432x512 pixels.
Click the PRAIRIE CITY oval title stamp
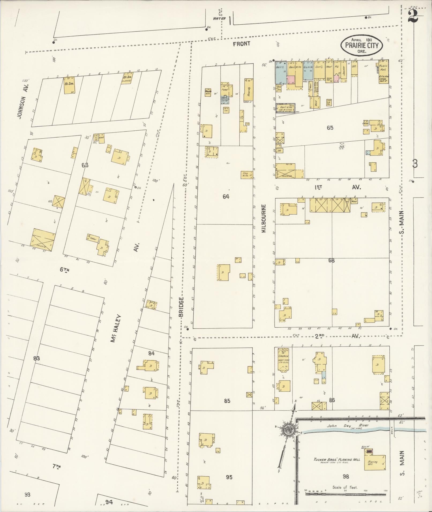pyautogui.click(x=362, y=45)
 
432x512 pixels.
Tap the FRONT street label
pyautogui.click(x=241, y=44)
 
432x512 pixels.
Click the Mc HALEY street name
pyautogui.click(x=116, y=328)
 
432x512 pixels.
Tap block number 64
pyautogui.click(x=226, y=196)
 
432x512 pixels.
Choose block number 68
pyautogui.click(x=331, y=260)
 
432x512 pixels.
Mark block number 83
pyautogui.click(x=36, y=358)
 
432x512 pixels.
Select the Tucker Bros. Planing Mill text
pyautogui.click(x=337, y=460)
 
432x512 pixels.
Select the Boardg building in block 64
pyautogui.click(x=249, y=90)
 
